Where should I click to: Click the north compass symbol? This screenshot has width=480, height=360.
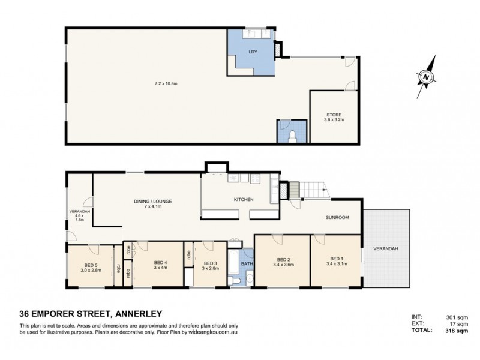tap(425, 77)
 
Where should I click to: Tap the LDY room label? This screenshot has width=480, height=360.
tap(253, 52)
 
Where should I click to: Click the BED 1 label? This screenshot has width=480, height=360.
tap(335, 259)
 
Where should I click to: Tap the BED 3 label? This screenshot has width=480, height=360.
tap(210, 263)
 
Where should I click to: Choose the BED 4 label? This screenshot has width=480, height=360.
tap(160, 262)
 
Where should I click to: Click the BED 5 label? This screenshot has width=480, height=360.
tap(91, 266)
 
